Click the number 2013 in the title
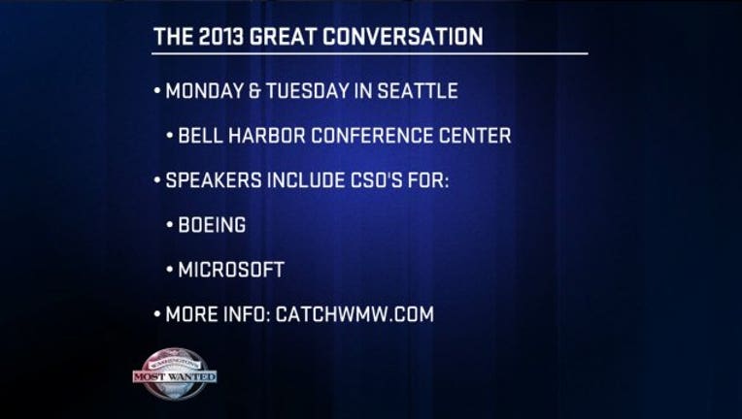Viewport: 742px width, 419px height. pos(221,37)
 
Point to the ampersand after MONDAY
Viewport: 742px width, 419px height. pos(254,91)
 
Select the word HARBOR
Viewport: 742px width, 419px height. pos(267,136)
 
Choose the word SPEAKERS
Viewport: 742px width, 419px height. pos(214,180)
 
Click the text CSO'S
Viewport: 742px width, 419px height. pos(378,180)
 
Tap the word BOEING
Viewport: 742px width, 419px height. pos(212,225)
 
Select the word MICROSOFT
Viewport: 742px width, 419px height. pos(231,270)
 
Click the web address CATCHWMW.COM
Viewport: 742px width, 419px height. pos(354,314)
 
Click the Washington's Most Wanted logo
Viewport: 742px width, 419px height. pos(175,374)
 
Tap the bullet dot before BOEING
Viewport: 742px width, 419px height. pos(170,225)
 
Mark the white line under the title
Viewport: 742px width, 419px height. pos(370,53)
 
